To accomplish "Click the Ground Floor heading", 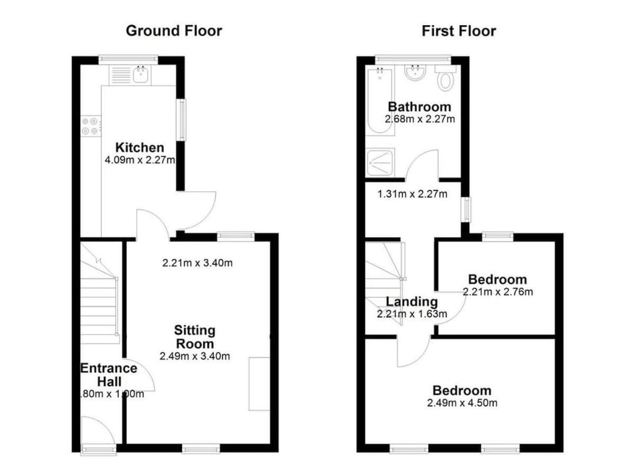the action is point(174,31).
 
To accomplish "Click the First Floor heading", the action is point(459,31).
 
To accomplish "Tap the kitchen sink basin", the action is point(141,75).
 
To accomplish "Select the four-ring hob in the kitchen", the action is point(91,125).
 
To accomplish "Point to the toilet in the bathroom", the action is point(445,77).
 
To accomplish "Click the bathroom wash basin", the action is point(414,73).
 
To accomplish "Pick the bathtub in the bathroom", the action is point(380,101).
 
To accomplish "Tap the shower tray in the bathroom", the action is point(380,162).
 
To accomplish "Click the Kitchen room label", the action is point(140,147).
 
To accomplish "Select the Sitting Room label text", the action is point(194,337).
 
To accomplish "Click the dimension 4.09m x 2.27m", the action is point(140,160).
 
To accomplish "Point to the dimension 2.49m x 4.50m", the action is point(462,403).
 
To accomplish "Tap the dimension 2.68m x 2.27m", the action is point(419,119).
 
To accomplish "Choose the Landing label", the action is point(412,302).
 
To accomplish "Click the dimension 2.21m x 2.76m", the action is point(497,291).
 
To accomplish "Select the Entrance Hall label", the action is point(109,375).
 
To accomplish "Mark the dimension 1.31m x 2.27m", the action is point(412,194).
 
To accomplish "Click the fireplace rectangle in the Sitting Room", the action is point(259,384).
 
